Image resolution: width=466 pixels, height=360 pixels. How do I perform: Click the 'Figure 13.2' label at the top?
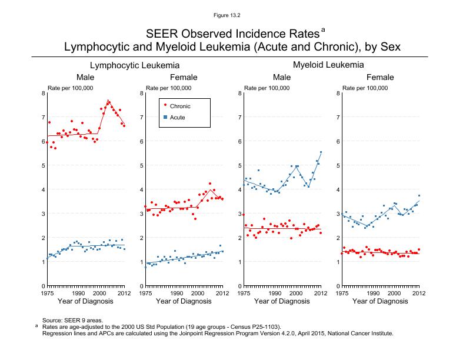coord(232,14)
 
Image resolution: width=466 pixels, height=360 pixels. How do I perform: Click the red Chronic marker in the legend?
coord(165,106)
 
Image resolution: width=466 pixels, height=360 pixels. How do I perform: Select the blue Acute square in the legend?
coord(165,118)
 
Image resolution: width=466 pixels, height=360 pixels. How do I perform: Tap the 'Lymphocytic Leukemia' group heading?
coord(135,66)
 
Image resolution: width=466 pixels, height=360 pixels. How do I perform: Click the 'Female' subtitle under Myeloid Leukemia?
coord(380,78)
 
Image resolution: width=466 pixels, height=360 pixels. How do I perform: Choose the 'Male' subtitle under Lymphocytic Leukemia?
coord(85,78)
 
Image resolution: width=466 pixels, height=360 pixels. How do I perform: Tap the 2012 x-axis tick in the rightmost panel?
coord(418,292)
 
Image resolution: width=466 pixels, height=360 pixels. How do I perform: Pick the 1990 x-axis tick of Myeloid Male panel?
coord(274,292)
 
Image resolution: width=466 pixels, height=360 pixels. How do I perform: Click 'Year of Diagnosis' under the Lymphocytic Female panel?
coord(184,302)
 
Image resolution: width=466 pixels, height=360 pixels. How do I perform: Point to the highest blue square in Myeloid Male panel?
coord(321,152)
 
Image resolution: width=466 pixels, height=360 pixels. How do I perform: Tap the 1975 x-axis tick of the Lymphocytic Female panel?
coord(145,292)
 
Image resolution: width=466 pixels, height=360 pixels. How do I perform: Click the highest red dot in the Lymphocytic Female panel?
coord(209,184)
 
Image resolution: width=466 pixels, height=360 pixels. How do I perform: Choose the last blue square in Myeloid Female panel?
coord(419,196)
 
